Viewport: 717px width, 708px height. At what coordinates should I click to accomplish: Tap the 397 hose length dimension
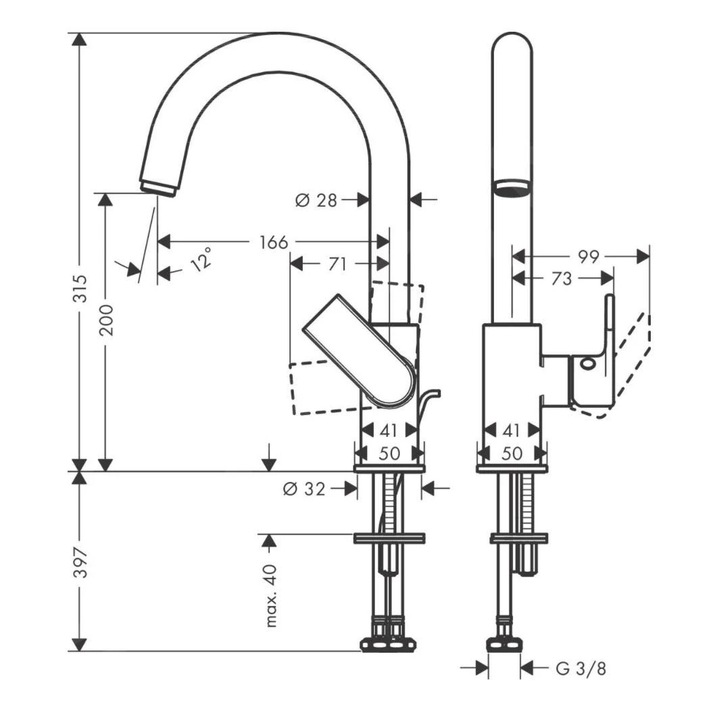coord(80,562)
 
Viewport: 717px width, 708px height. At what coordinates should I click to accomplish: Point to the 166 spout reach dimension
coord(274,242)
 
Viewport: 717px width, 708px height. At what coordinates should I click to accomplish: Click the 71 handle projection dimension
coord(338,264)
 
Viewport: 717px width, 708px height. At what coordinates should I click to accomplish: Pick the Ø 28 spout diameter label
coord(317,200)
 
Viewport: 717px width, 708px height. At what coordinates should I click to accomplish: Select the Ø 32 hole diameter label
coord(306,489)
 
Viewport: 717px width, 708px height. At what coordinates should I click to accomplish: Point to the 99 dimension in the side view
coord(589,256)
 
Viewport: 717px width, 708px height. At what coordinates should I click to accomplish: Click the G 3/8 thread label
coord(580,669)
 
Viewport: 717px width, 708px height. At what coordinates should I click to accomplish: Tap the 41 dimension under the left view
coord(389,430)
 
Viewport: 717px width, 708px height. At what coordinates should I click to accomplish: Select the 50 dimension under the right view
coord(512,454)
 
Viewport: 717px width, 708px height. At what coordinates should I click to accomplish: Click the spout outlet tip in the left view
coord(157,188)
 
